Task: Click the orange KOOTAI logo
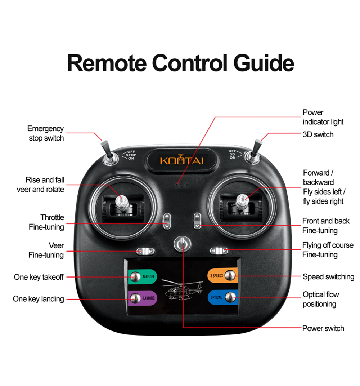182,160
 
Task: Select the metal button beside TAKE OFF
135,277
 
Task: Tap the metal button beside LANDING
135,298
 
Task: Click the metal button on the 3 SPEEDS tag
230,275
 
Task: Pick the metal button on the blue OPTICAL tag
230,297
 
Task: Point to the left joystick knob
122,202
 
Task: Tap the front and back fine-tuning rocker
197,221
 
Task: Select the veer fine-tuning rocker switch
145,251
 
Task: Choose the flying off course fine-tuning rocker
219,251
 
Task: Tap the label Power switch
323,328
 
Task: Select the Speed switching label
329,277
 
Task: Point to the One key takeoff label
39,277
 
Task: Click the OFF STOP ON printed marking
131,155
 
